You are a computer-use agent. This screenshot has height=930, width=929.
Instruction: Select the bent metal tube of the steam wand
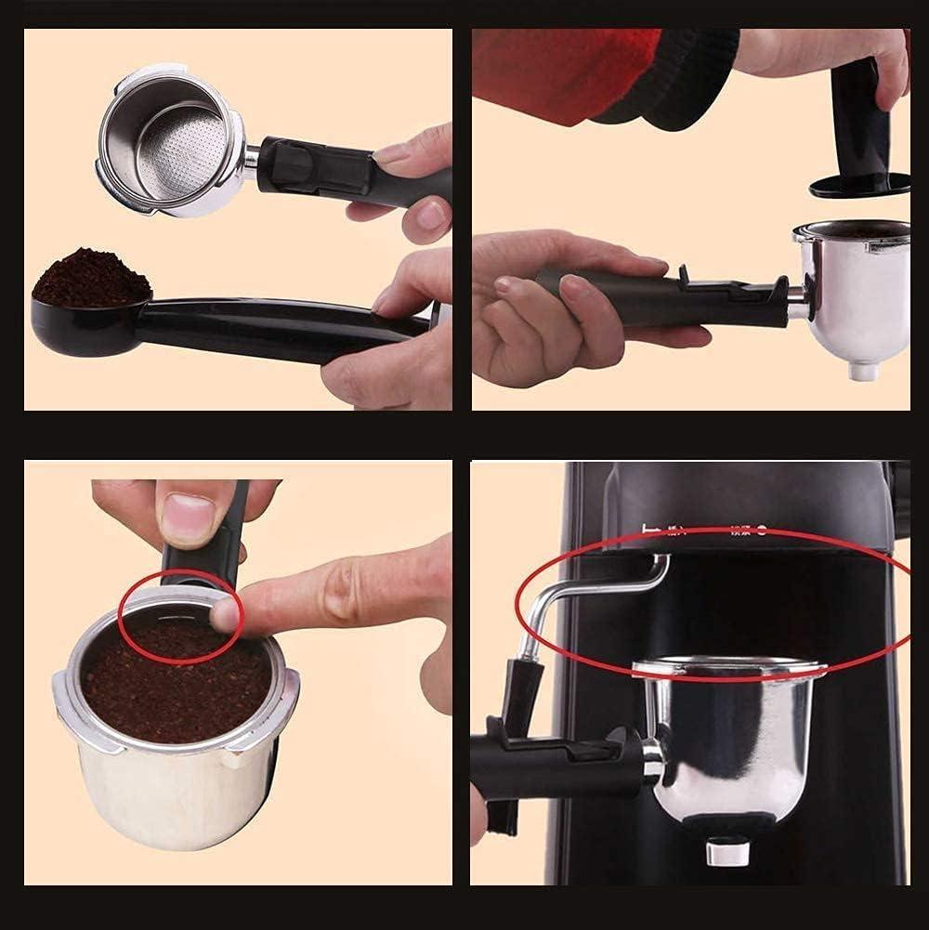[595, 585]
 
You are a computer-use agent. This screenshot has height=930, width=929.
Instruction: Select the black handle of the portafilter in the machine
[548, 762]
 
